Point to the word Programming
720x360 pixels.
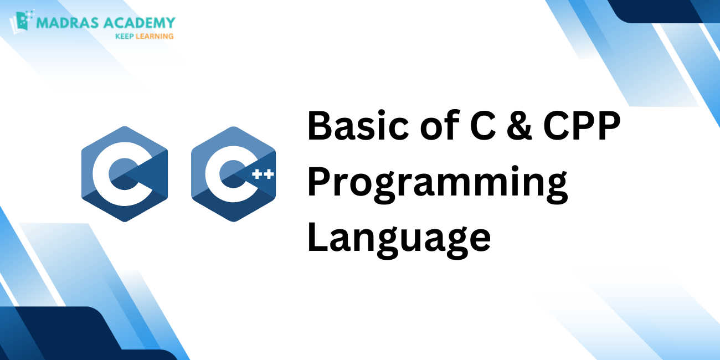(x=438, y=184)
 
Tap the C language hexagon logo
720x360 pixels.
(x=125, y=173)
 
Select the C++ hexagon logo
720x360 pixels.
(x=233, y=173)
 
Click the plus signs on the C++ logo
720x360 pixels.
(x=262, y=174)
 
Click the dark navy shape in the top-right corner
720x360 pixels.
(x=665, y=10)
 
